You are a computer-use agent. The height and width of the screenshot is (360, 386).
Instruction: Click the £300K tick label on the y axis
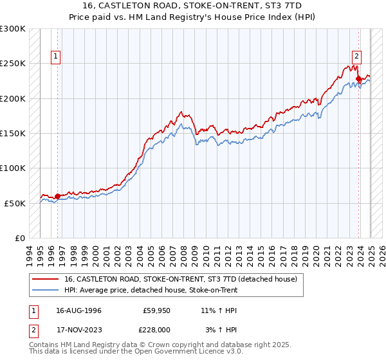pyautogui.click(x=12, y=29)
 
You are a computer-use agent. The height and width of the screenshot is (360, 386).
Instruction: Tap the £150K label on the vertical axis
pyautogui.click(x=12, y=133)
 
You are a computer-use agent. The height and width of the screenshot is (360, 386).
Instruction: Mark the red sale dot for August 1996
pyautogui.click(x=58, y=196)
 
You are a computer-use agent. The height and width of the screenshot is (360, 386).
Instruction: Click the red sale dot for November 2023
pyautogui.click(x=358, y=79)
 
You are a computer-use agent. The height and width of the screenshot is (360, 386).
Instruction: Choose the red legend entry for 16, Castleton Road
pyautogui.click(x=180, y=279)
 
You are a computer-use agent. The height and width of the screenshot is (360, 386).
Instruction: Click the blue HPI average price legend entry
pyautogui.click(x=151, y=290)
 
